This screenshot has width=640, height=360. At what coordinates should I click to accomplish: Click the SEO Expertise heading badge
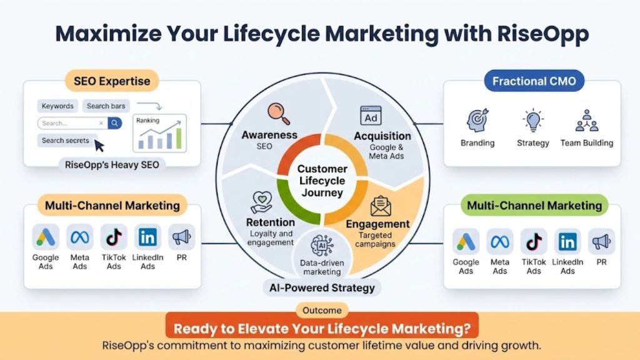112,81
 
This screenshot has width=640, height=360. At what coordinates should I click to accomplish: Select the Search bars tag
106,106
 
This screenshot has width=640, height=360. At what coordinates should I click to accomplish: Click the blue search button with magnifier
114,123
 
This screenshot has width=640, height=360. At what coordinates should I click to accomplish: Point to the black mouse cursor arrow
99,146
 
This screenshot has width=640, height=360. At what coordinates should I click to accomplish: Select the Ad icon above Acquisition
371,116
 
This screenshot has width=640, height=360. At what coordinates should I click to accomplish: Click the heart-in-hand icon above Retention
261,202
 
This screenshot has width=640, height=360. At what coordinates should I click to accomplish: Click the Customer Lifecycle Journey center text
321,181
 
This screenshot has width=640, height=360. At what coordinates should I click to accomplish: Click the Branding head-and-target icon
477,121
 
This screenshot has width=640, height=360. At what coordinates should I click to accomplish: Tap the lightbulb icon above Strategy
532,121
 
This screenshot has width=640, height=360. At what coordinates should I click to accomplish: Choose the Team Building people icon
587,121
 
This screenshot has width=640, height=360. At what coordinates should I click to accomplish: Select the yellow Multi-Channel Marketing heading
112,204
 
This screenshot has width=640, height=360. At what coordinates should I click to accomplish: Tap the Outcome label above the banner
322,310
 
